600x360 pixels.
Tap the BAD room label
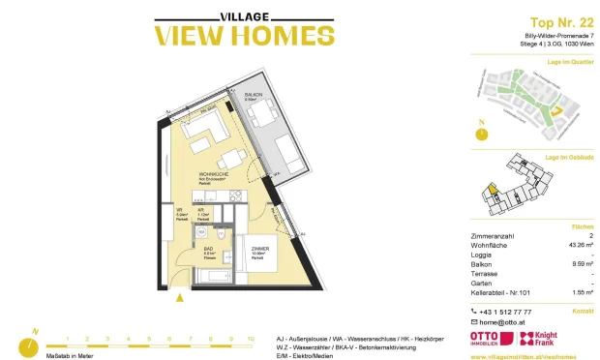tap(209, 252)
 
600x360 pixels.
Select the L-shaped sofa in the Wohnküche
tap(205, 130)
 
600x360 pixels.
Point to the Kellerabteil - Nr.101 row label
tap(503, 291)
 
